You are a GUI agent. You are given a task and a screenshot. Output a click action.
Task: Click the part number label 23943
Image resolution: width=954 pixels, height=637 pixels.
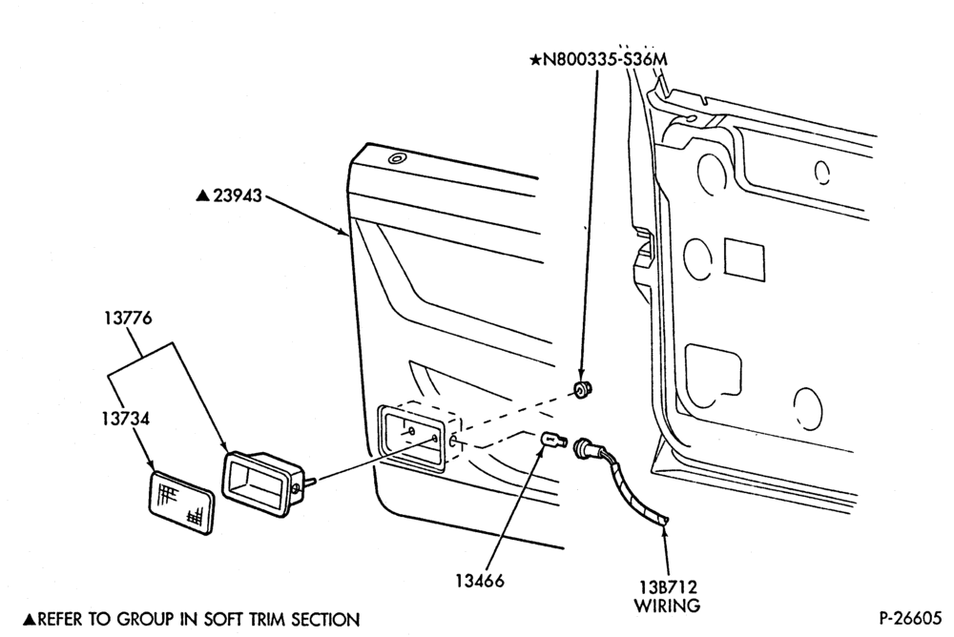pos(238,195)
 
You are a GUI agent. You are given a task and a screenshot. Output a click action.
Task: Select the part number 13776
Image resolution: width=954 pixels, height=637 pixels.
pos(127,318)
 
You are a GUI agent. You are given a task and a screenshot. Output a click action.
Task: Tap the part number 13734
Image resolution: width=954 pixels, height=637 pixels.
pos(125,419)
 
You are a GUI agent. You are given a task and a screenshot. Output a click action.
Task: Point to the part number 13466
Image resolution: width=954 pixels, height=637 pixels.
pos(480,581)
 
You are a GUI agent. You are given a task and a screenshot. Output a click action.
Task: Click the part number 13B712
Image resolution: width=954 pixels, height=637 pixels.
pos(668,587)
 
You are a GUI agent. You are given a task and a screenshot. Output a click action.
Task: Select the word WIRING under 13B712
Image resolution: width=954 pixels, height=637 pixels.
pos(668,606)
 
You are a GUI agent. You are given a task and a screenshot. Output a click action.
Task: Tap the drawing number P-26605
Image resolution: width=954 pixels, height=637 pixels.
pos(909,618)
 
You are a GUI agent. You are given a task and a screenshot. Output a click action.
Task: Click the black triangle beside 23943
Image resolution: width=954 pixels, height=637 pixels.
pos(202,195)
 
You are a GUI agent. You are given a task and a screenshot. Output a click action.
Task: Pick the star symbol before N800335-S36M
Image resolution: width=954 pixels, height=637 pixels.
pos(535,60)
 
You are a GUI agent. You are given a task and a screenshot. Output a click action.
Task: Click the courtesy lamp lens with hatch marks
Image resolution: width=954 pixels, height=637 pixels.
pos(181,503)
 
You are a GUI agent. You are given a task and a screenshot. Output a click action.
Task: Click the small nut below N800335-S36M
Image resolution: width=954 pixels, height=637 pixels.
pos(583,389)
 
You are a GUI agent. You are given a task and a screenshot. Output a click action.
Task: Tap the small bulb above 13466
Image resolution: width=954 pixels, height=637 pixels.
pos(553,440)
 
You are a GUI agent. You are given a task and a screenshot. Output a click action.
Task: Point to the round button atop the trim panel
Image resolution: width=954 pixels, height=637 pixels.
pos(396,159)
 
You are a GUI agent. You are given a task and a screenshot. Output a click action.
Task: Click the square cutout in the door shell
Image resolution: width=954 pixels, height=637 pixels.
pos(745,258)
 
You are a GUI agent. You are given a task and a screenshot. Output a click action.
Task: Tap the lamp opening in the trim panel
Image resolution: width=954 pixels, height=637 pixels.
pos(412,436)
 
